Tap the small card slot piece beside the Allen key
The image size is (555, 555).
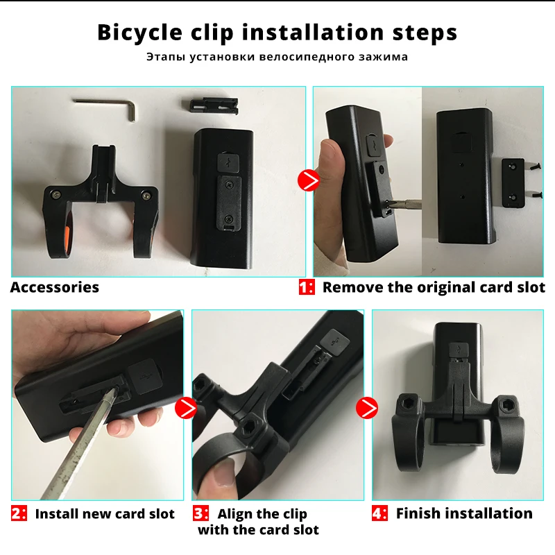tap(214, 105)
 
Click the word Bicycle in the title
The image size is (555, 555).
tap(140, 33)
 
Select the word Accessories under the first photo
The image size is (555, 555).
tap(55, 287)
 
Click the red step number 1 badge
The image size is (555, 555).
tap(307, 287)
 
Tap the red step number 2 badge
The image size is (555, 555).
tap(19, 513)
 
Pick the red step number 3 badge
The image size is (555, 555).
tap(200, 513)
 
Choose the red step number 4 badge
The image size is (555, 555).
tap(379, 513)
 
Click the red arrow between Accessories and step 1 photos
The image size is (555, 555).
tap(309, 181)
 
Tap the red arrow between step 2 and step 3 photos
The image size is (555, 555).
tap(186, 408)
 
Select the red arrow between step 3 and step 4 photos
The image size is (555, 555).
tap(367, 408)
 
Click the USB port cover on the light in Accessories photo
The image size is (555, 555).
tap(228, 162)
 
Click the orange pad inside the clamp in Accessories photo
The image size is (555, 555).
tap(69, 234)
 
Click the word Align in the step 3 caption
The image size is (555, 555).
tap(234, 514)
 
